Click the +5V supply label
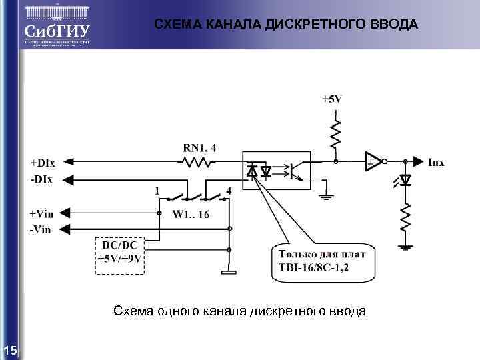[331, 99]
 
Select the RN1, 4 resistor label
[199, 147]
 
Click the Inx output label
[436, 161]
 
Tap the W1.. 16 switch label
[191, 214]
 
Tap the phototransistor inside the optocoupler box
[294, 171]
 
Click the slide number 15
[10, 351]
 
